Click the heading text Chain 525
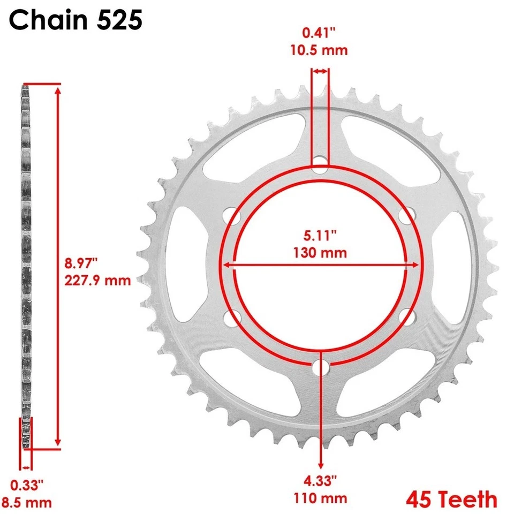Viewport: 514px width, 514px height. (75, 20)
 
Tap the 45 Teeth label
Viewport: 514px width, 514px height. (452, 500)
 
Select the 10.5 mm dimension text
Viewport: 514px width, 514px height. (319, 50)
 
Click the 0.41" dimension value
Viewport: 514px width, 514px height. (319, 33)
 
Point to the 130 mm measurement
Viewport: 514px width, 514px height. (320, 253)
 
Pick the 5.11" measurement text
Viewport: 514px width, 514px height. (320, 236)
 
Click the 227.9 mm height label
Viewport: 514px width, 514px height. (97, 281)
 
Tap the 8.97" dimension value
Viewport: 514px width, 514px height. (81, 263)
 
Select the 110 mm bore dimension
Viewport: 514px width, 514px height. (320, 498)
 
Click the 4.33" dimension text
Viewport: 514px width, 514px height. (320, 481)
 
